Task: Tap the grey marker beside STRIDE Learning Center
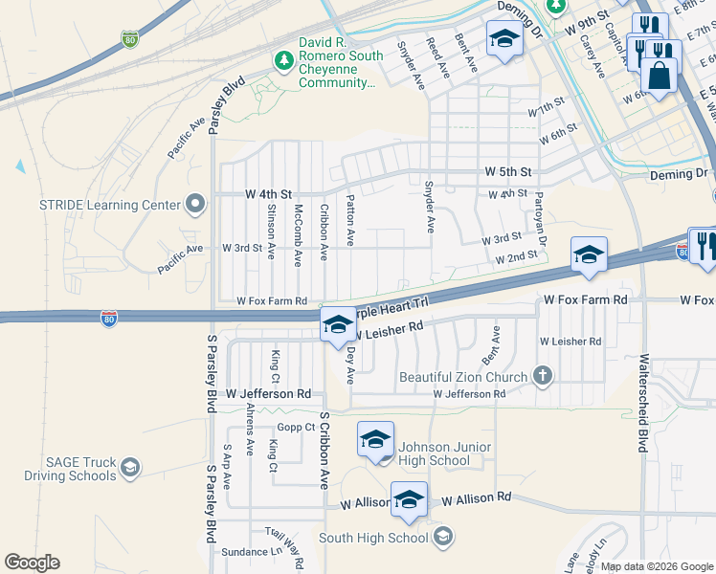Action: [196, 204]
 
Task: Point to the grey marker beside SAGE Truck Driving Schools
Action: [130, 468]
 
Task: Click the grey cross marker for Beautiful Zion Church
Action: [543, 375]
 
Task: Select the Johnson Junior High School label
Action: [445, 453]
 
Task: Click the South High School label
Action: [374, 538]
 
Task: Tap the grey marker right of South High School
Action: [442, 538]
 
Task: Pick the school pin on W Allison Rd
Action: [410, 500]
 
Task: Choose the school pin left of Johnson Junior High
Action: [376, 439]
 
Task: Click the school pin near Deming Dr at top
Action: [503, 39]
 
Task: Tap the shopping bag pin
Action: [660, 75]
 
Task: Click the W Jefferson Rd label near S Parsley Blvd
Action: [269, 393]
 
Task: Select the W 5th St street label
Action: [507, 172]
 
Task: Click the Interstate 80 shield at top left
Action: [130, 39]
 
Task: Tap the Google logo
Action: [32, 563]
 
